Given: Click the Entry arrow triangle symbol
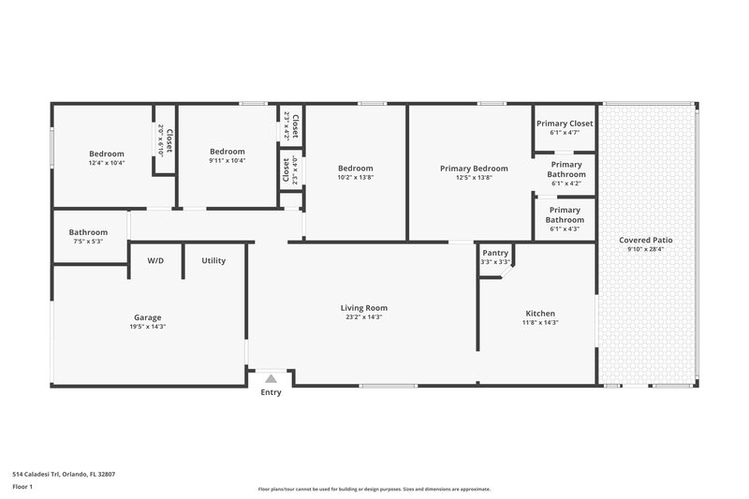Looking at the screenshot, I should pos(271,378).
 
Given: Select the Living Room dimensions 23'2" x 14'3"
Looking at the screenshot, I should pos(363,317).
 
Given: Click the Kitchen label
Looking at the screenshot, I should pos(540,313).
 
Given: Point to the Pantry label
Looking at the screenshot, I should pos(494,253).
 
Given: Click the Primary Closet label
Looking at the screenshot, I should pos(565,123).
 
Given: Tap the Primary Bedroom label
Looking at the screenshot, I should pos(474,169).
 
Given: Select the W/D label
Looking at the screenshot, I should pos(155,260).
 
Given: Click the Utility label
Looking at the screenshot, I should pos(213,260).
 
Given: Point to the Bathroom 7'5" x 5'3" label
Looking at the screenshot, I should pos(88,232).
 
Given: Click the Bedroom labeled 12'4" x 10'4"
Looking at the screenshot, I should pos(106,154).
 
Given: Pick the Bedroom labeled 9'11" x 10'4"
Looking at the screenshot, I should pos(227,152).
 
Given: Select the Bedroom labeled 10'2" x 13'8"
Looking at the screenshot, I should pos(355,169).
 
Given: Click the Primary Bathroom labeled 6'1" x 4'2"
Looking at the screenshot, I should pos(565,169).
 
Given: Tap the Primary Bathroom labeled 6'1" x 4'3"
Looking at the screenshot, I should pos(565,214).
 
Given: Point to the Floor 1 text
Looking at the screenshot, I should pos(22,487).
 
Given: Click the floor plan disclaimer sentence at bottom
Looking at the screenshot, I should pos(374,489).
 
